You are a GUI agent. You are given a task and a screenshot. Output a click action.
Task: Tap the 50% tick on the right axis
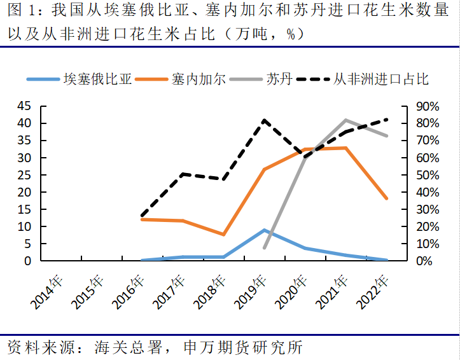tap(421, 175)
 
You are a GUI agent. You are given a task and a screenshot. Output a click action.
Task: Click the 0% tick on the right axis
tap(424, 261)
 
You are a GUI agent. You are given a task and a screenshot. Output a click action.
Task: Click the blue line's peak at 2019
tap(264, 230)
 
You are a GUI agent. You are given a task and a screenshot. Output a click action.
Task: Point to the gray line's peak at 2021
tap(345, 120)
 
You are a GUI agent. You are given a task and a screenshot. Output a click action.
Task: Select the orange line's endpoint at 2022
tap(386, 198)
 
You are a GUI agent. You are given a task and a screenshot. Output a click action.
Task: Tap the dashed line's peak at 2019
tap(264, 120)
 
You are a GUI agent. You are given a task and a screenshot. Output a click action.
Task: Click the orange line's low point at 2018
tap(223, 234)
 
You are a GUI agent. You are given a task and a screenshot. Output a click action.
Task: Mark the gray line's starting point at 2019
tap(264, 247)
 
